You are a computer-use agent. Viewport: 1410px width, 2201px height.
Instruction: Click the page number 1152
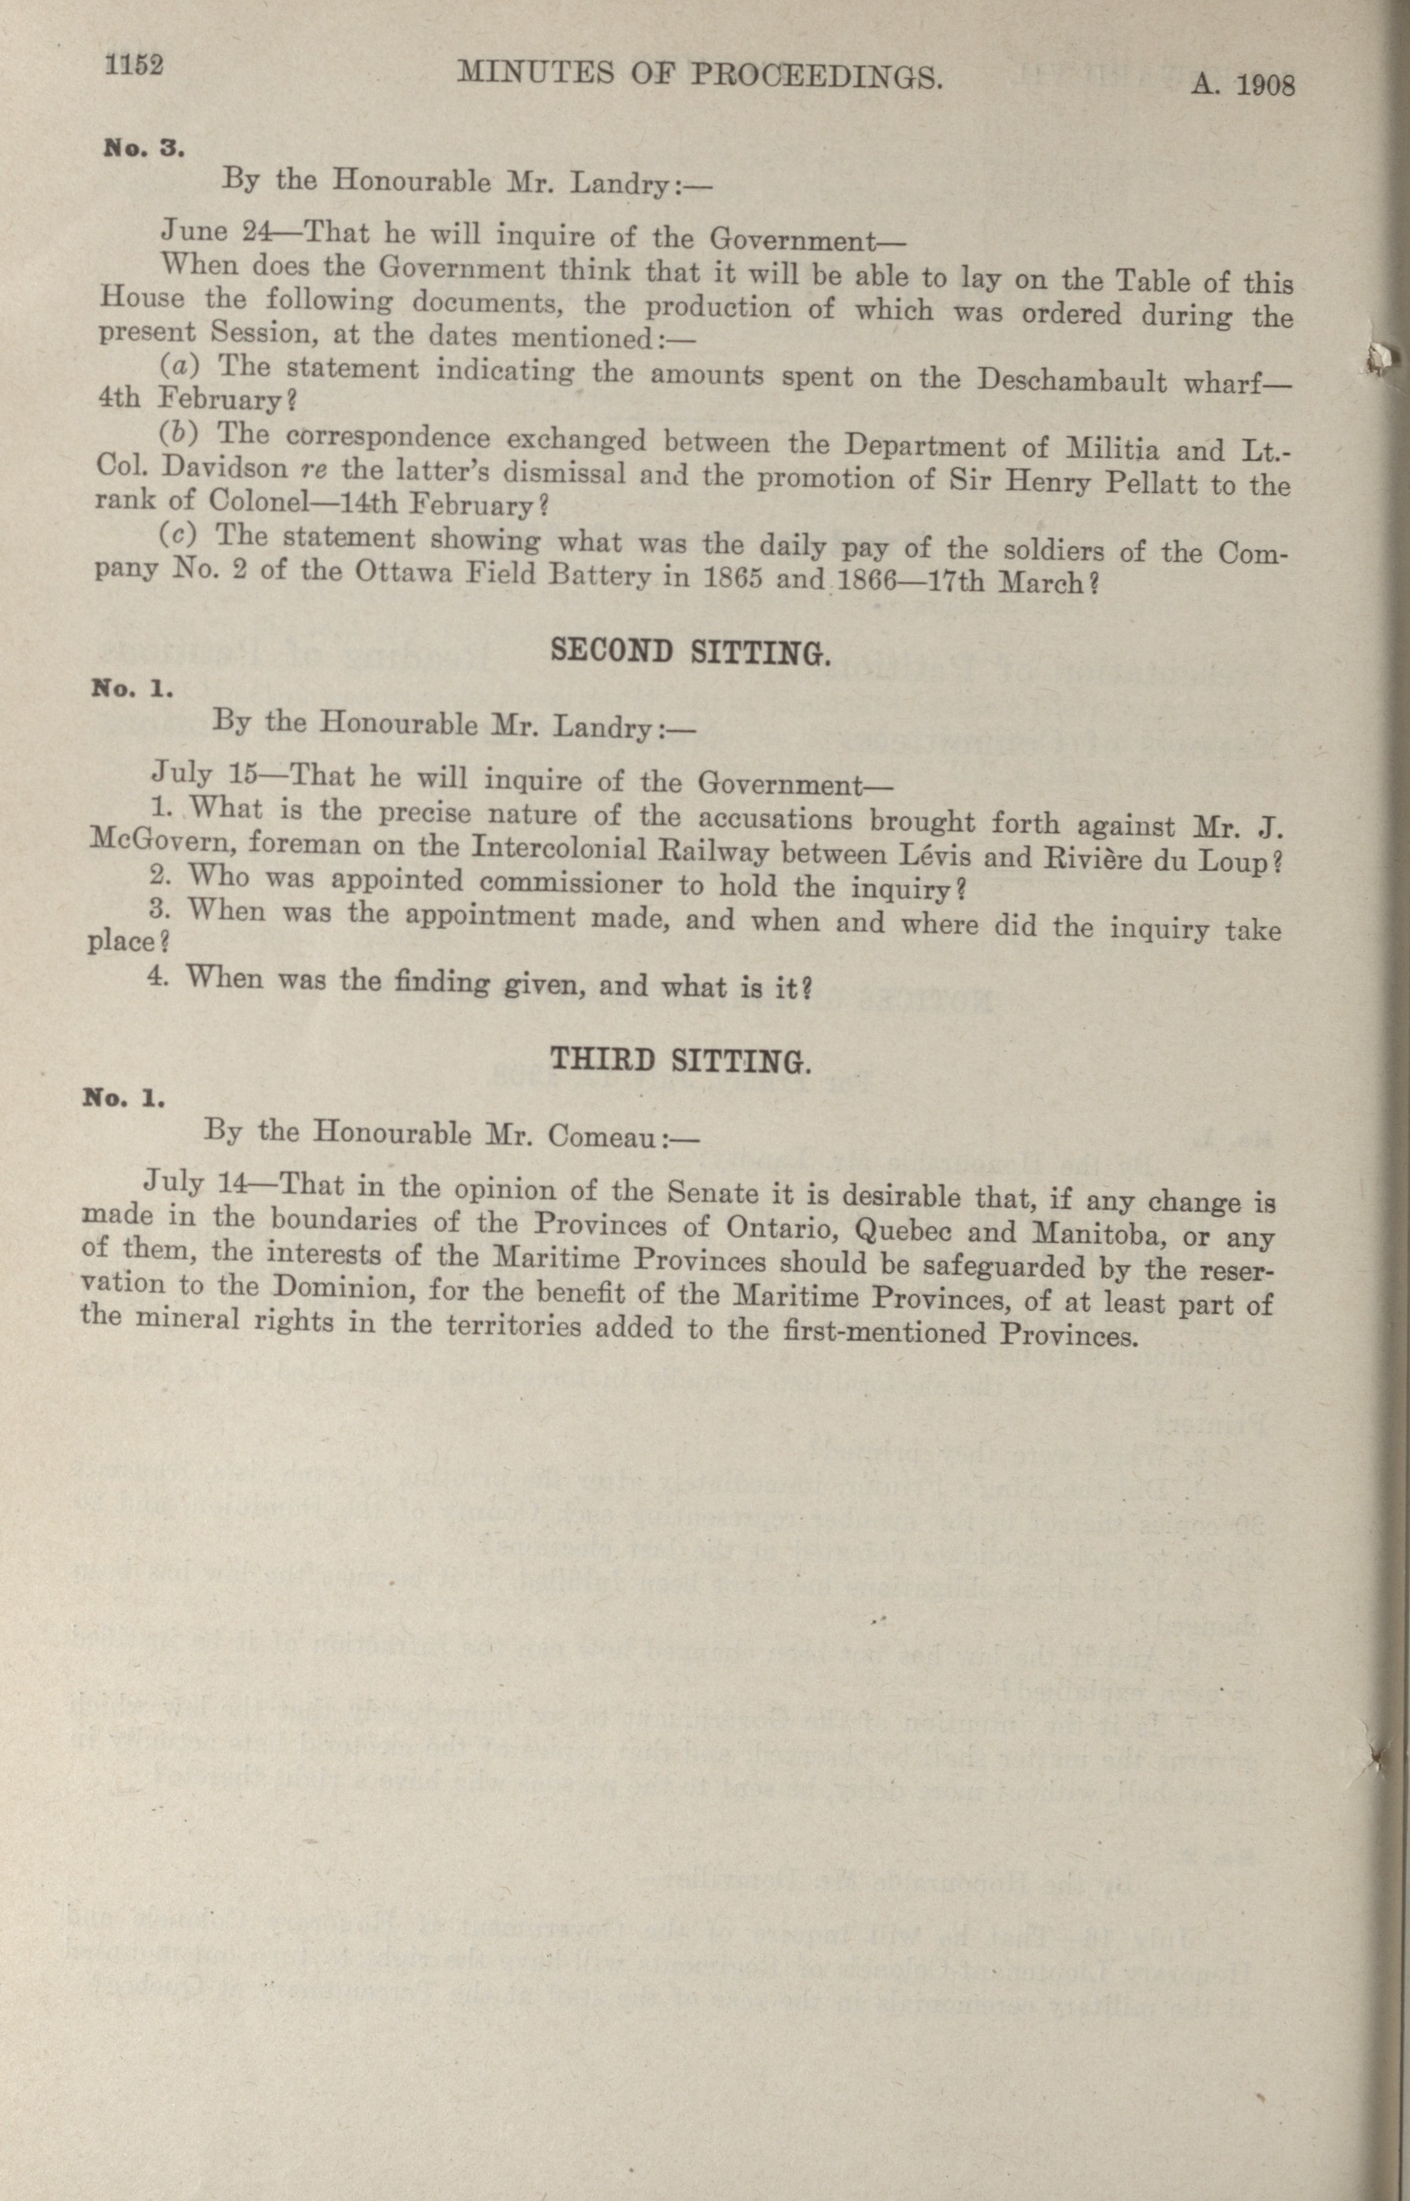[135, 66]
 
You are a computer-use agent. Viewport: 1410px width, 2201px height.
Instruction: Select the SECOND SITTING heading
[690, 652]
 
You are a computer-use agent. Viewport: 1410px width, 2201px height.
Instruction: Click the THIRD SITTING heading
[679, 1060]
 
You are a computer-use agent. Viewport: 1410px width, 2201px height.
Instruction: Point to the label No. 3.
[145, 148]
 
